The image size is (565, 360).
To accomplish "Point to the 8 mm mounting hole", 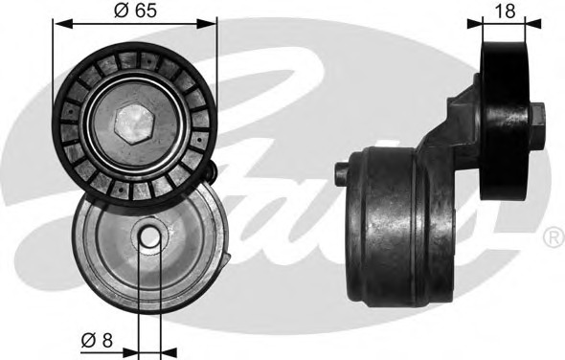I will (x=148, y=237).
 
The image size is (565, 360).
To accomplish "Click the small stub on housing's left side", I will (x=342, y=172).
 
